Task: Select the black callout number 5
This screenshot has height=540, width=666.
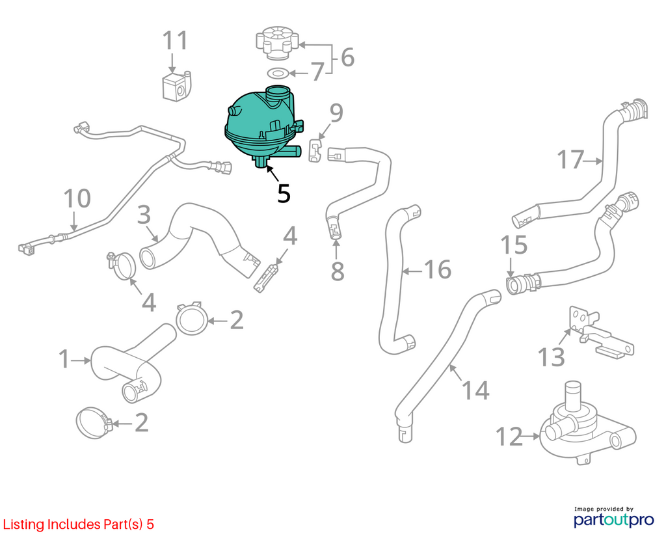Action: (x=284, y=193)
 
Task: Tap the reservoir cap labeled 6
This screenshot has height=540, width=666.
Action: (x=277, y=42)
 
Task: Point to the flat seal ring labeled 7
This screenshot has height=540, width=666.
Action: (x=278, y=74)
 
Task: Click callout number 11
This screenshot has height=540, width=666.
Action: (x=175, y=40)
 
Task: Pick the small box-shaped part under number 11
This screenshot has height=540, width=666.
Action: (x=177, y=87)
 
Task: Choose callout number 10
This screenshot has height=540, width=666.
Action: (x=77, y=198)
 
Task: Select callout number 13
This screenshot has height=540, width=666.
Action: (x=551, y=357)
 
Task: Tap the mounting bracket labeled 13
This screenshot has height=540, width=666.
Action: (x=600, y=331)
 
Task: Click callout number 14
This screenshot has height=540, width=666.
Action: (x=475, y=390)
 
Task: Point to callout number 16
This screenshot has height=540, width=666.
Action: (x=438, y=269)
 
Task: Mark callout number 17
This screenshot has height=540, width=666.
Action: (x=570, y=160)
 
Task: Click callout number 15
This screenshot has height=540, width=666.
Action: (x=514, y=245)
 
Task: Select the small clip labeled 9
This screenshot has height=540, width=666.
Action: (x=315, y=150)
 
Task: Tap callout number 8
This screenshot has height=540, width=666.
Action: (x=338, y=271)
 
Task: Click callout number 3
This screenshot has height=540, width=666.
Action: (x=144, y=215)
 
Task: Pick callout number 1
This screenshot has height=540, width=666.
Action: (x=64, y=359)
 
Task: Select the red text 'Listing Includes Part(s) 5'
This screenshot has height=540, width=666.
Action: (x=79, y=524)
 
